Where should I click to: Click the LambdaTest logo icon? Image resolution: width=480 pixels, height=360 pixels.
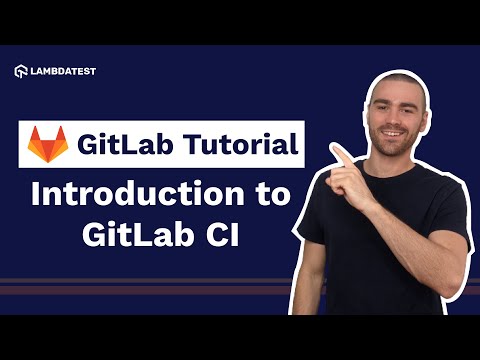21,71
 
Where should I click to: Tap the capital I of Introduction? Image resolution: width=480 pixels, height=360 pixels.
37,195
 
